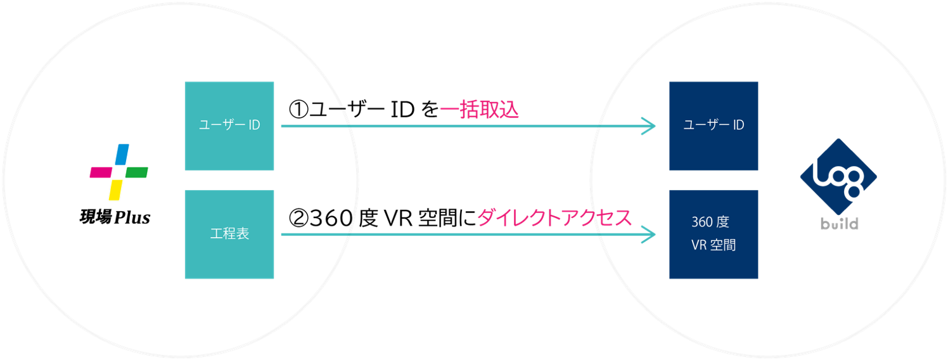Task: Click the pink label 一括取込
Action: pos(479,110)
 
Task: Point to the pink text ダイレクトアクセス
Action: pos(554,218)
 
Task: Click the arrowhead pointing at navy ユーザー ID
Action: pos(649,126)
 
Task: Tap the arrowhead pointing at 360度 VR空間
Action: pos(649,235)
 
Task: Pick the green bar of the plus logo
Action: pos(137,172)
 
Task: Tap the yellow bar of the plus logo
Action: pos(115,189)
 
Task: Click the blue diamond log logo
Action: pos(838,178)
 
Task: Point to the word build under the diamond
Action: pos(838,224)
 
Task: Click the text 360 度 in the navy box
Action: pos(710,222)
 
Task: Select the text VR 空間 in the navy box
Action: pos(714,245)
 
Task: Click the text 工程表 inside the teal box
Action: pos(229,234)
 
